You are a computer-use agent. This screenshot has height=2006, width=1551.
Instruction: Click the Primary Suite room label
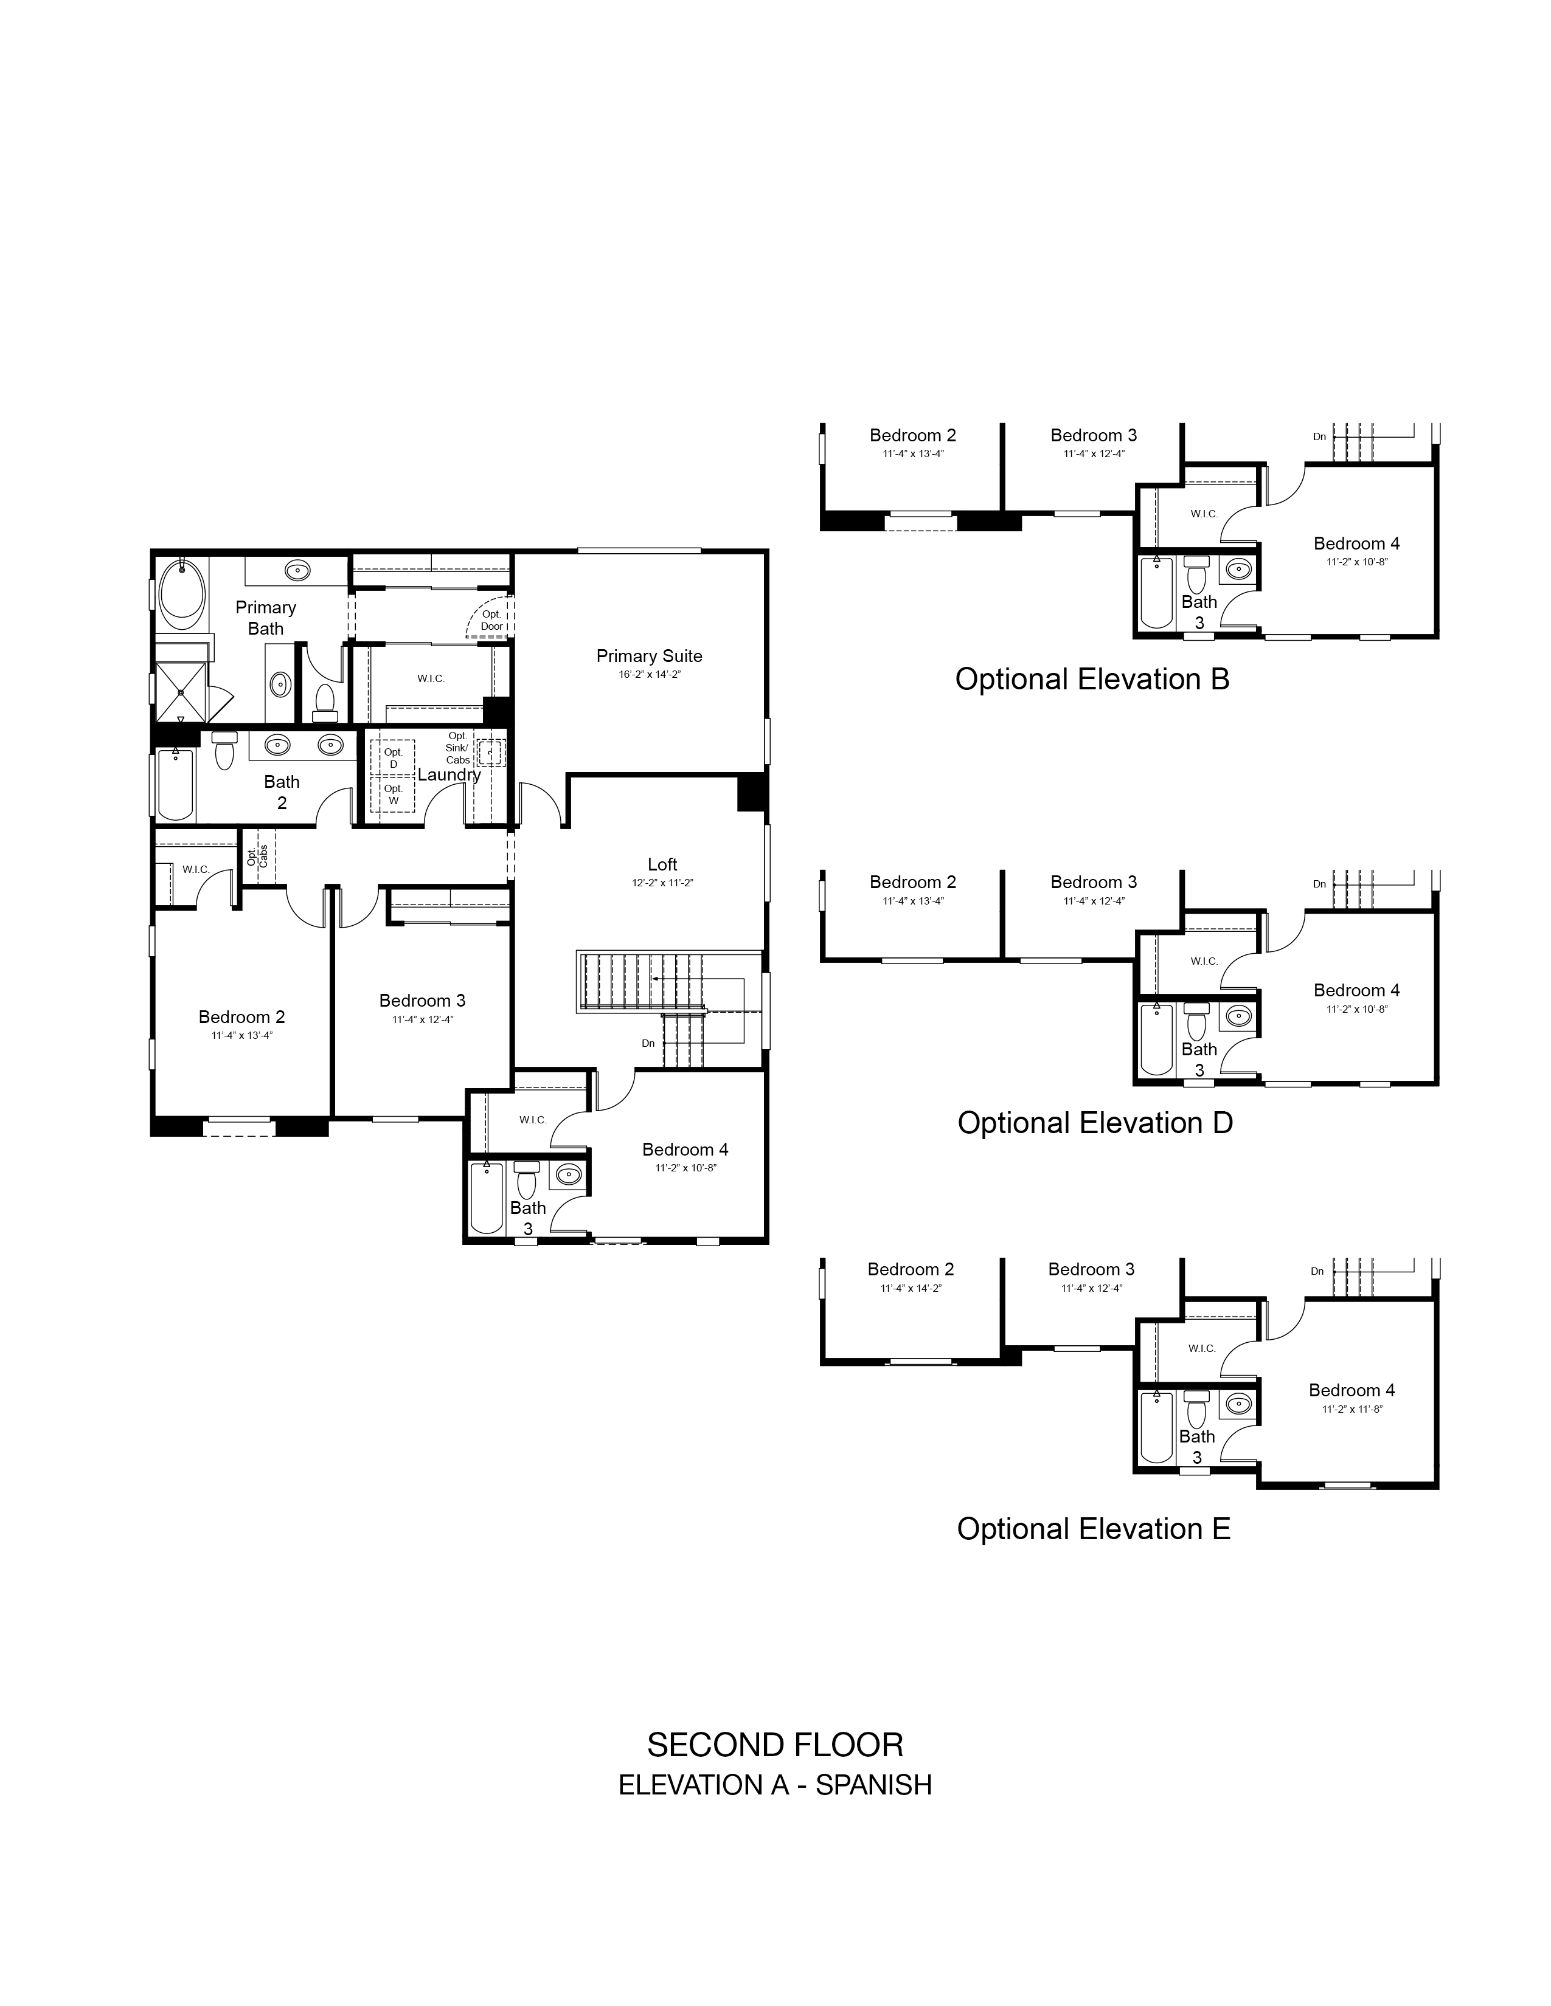pos(649,656)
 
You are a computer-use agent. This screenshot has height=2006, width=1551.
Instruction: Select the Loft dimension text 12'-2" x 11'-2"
pos(662,883)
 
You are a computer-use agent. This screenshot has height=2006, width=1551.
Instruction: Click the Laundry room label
pos(449,774)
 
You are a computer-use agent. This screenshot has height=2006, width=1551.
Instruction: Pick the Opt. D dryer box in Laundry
pos(394,759)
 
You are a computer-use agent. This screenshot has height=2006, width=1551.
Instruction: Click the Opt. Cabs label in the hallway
pos(257,856)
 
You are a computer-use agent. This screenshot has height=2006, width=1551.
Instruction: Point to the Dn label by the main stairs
pos(648,1043)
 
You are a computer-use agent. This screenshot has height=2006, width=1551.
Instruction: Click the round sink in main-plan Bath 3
pos(569,1174)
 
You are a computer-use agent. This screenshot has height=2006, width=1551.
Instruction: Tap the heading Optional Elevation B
pos(1092,679)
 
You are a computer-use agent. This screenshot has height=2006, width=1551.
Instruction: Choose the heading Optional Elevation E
pos(1094,1528)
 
